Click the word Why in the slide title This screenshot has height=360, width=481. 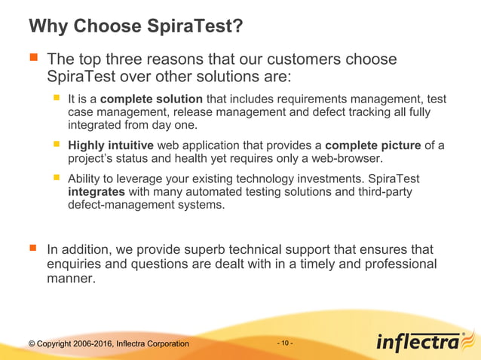tap(47, 27)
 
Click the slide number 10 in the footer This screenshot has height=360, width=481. tap(286, 343)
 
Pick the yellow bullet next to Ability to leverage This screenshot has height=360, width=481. tap(56, 178)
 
